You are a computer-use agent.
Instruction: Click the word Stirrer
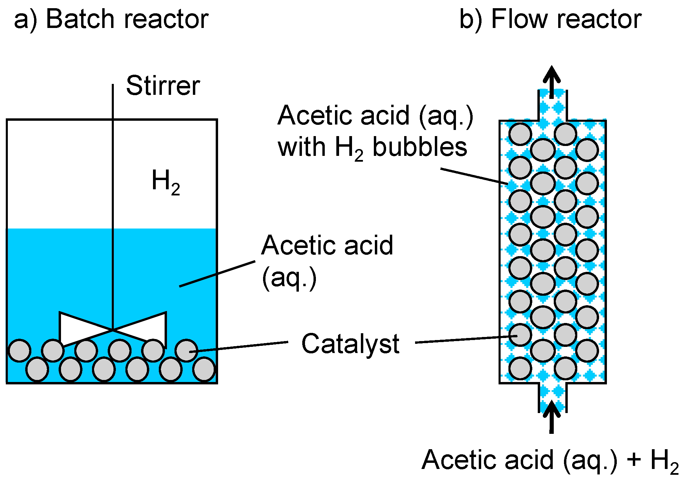(x=163, y=86)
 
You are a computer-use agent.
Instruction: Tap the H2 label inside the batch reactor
(x=166, y=182)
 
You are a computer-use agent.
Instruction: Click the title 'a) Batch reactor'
(x=111, y=19)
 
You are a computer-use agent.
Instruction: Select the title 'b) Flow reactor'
(x=550, y=19)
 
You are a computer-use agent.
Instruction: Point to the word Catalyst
(x=350, y=344)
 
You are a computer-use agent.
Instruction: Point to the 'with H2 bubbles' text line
(x=372, y=147)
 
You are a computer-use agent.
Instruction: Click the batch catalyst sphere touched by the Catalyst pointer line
(x=186, y=350)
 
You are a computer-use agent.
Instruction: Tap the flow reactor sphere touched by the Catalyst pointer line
(x=520, y=335)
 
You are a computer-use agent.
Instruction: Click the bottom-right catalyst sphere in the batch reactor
(x=204, y=369)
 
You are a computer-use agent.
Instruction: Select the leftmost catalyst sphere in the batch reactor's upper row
(x=19, y=350)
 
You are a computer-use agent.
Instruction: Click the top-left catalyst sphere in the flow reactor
(x=520, y=134)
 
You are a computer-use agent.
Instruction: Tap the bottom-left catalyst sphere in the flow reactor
(x=520, y=368)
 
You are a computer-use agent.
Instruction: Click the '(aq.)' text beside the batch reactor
(x=289, y=278)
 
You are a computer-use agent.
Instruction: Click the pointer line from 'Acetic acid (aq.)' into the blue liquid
(x=217, y=274)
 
